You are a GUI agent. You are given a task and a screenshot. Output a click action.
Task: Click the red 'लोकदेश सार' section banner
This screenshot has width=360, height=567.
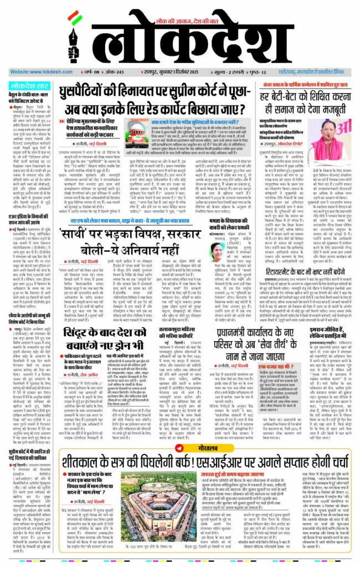(x=32, y=86)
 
